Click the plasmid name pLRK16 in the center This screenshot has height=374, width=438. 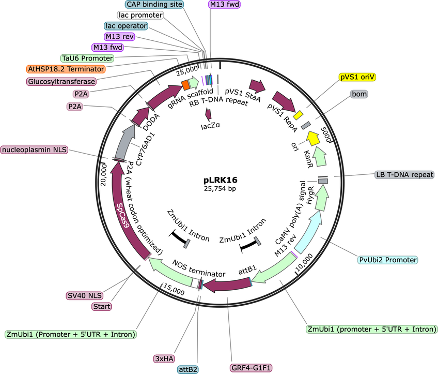220,181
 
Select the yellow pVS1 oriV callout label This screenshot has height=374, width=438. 357,77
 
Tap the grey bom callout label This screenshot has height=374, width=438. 360,95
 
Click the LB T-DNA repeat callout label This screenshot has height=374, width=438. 404,175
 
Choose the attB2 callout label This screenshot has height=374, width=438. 191,369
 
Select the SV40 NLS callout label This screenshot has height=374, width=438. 84,295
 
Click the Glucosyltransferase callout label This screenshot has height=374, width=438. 61,81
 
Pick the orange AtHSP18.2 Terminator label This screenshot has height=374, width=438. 66,69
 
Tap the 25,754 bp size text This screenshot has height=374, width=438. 220,189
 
